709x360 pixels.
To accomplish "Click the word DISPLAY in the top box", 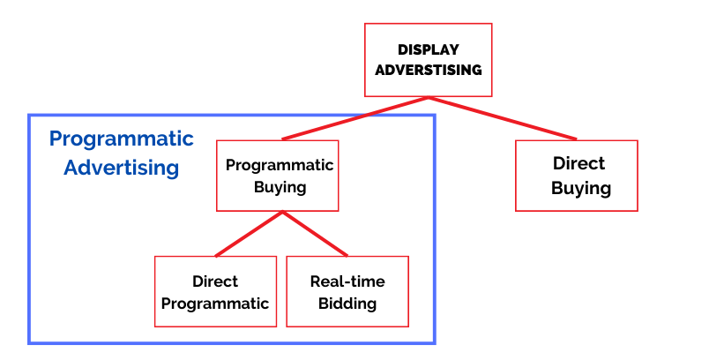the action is (x=429, y=49).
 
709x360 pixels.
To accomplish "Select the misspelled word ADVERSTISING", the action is (x=429, y=70).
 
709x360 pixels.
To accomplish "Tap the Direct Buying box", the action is (x=577, y=176).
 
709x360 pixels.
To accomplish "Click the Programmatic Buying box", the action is (x=277, y=176).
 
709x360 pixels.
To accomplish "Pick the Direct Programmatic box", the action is (x=215, y=291).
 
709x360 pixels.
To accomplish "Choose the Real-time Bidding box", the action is (x=347, y=291).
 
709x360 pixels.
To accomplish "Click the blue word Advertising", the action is (x=121, y=168).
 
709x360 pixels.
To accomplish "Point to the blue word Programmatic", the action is (x=121, y=139).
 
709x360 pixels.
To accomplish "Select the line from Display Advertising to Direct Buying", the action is (x=503, y=118).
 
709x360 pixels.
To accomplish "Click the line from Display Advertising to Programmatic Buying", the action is (x=355, y=118).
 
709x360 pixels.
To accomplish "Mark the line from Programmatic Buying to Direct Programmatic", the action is (x=249, y=234).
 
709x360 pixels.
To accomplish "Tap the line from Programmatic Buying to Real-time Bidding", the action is (x=315, y=234).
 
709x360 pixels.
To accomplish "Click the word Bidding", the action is (x=347, y=304).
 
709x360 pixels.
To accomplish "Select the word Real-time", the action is (x=347, y=281).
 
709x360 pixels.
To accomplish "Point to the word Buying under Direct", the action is (x=581, y=188).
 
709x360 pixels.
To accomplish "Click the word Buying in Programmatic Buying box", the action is (x=280, y=187).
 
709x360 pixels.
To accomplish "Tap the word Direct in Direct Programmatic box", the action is (x=215, y=281).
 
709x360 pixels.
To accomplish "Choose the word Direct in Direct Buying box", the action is (x=578, y=163).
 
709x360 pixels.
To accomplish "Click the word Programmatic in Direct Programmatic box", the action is (x=215, y=304).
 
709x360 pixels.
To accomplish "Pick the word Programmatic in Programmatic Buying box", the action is (x=280, y=165).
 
